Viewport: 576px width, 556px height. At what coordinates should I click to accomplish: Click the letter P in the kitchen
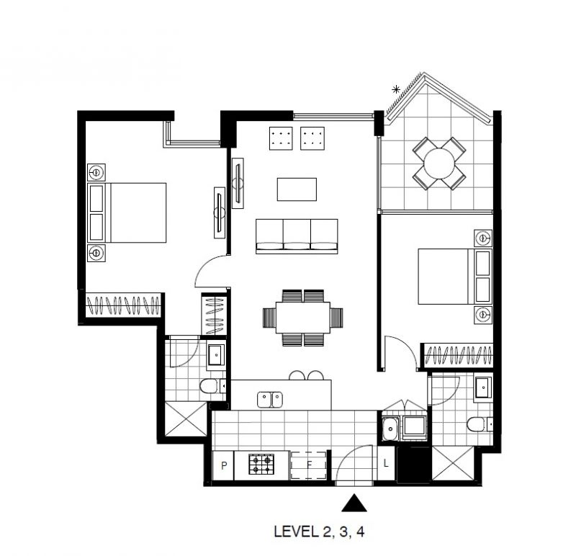[224, 465]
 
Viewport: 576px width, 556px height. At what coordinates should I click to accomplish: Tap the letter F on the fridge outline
[310, 465]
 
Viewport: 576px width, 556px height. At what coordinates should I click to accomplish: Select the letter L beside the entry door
[386, 463]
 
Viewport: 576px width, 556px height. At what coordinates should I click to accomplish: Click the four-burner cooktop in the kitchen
[261, 464]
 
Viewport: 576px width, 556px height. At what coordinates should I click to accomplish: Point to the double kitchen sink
[270, 400]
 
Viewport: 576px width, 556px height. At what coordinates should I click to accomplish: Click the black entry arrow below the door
[354, 503]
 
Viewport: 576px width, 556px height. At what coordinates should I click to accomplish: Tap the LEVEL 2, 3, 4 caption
[319, 532]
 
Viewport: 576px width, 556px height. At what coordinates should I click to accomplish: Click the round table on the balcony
[439, 163]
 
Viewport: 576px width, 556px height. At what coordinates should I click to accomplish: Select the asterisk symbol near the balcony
[396, 89]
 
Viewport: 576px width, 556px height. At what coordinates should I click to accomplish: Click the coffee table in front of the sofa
[297, 189]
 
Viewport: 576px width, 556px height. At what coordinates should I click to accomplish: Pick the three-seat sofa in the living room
[297, 236]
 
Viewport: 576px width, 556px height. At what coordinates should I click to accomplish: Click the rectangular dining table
[303, 318]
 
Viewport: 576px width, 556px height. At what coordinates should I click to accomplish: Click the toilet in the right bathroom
[480, 424]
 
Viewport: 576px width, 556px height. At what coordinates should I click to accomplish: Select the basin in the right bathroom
[482, 387]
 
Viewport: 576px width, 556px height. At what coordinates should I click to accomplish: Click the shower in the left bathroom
[186, 419]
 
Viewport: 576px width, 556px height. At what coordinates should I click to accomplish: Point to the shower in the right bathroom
[453, 463]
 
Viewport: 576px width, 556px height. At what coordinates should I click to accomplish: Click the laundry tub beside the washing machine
[390, 429]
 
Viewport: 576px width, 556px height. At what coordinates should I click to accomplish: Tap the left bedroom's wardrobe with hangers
[123, 305]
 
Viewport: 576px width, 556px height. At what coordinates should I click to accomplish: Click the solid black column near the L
[413, 465]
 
